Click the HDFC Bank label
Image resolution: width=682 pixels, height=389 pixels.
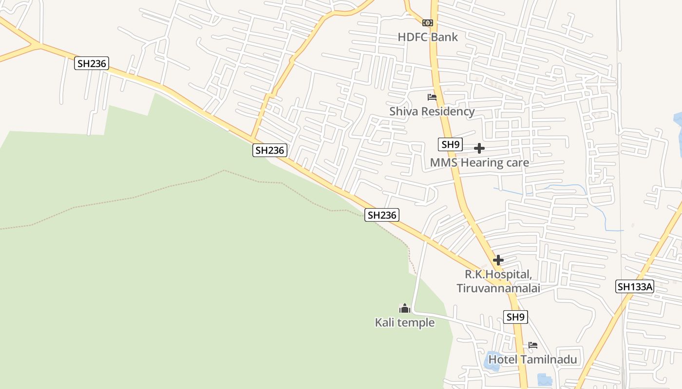click(x=428, y=37)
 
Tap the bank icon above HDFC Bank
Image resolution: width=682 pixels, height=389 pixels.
click(x=427, y=23)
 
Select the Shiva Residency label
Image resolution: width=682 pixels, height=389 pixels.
click(x=432, y=111)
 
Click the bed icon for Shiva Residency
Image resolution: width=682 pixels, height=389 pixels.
click(x=432, y=97)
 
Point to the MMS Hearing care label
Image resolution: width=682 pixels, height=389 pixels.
click(x=479, y=162)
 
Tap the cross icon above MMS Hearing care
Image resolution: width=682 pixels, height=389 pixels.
click(x=479, y=148)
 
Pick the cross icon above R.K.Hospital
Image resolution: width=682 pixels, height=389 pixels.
click(x=498, y=260)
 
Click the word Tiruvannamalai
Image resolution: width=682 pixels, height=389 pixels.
click(x=498, y=288)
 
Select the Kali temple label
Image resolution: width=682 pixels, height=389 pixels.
click(x=404, y=322)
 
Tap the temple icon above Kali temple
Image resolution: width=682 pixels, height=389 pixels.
click(x=404, y=308)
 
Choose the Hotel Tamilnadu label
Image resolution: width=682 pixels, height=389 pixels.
click(x=532, y=360)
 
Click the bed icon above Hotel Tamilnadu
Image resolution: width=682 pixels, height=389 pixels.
click(x=533, y=345)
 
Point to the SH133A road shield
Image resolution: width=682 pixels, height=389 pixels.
click(x=635, y=286)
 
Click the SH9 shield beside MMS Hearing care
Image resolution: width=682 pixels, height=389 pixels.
click(x=450, y=144)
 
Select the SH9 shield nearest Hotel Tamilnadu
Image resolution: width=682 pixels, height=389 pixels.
click(x=515, y=318)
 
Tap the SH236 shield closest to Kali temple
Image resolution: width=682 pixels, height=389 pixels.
click(x=382, y=215)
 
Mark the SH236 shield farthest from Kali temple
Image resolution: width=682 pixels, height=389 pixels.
click(x=91, y=63)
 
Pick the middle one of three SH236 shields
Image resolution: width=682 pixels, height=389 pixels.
click(x=269, y=150)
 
